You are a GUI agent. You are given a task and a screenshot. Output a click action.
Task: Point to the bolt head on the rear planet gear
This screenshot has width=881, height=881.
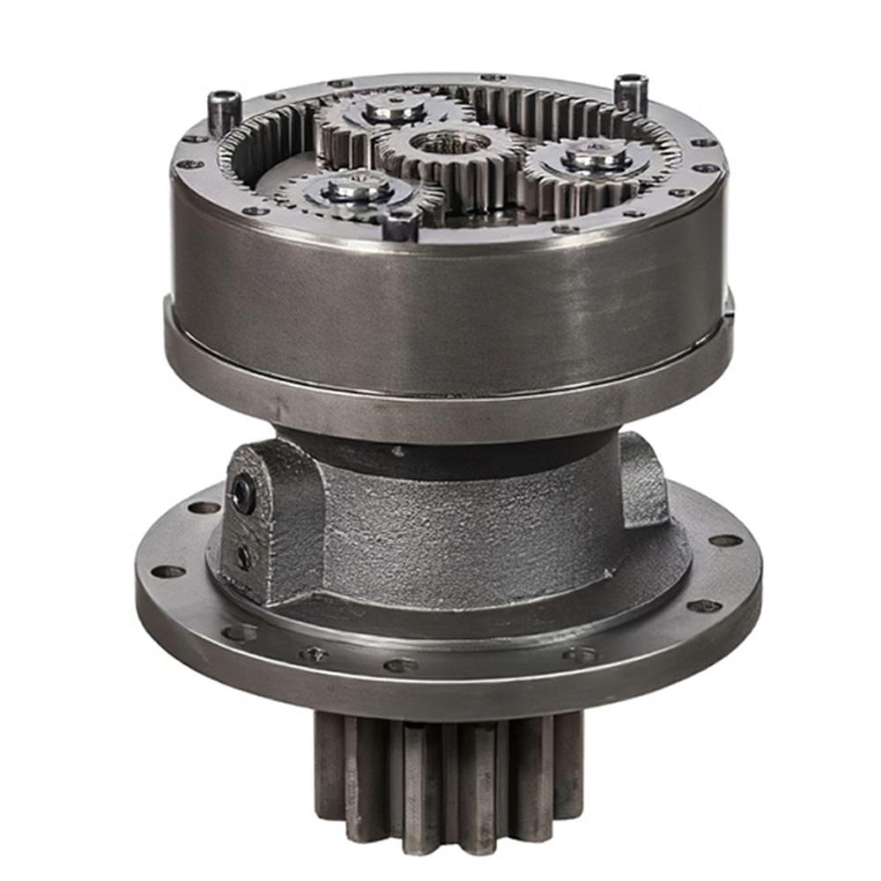click(394, 110)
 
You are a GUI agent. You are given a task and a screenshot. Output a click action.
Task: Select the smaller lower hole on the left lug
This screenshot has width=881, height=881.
click(242, 557)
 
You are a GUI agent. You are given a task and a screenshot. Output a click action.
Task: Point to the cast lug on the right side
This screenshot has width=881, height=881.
click(643, 480)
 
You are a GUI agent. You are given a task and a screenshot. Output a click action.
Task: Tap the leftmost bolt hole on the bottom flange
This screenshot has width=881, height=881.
click(167, 572)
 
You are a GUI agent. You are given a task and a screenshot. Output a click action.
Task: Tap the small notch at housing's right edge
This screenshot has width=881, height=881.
click(728, 304)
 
